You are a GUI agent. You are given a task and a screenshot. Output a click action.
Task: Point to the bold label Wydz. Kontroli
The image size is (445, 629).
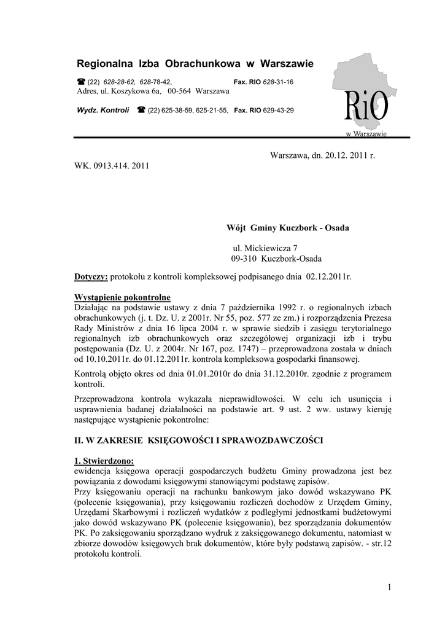point(103,111)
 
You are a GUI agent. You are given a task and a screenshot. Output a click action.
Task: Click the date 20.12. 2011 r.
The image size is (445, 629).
point(344,156)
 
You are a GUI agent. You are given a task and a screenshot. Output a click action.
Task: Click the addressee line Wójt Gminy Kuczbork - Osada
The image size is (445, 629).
point(288,228)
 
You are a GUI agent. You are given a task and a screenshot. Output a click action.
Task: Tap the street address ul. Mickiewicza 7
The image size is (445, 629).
point(263,248)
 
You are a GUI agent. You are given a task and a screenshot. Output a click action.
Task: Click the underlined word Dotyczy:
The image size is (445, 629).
point(91,277)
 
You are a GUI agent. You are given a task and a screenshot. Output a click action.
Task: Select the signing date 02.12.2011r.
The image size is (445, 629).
point(328,277)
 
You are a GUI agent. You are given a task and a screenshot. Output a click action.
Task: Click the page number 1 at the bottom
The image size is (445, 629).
point(389,588)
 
